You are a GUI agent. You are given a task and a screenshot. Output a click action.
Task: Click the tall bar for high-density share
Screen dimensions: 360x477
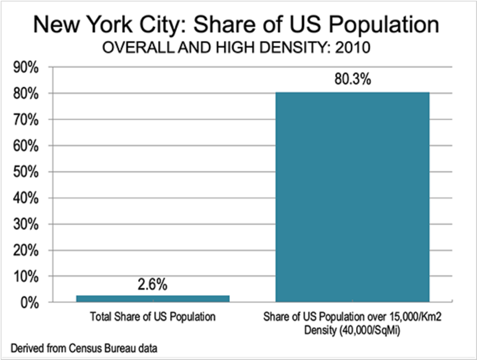352,197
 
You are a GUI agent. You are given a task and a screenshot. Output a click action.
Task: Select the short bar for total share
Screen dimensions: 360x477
153,298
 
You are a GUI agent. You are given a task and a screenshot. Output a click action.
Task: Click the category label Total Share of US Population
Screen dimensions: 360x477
152,318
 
